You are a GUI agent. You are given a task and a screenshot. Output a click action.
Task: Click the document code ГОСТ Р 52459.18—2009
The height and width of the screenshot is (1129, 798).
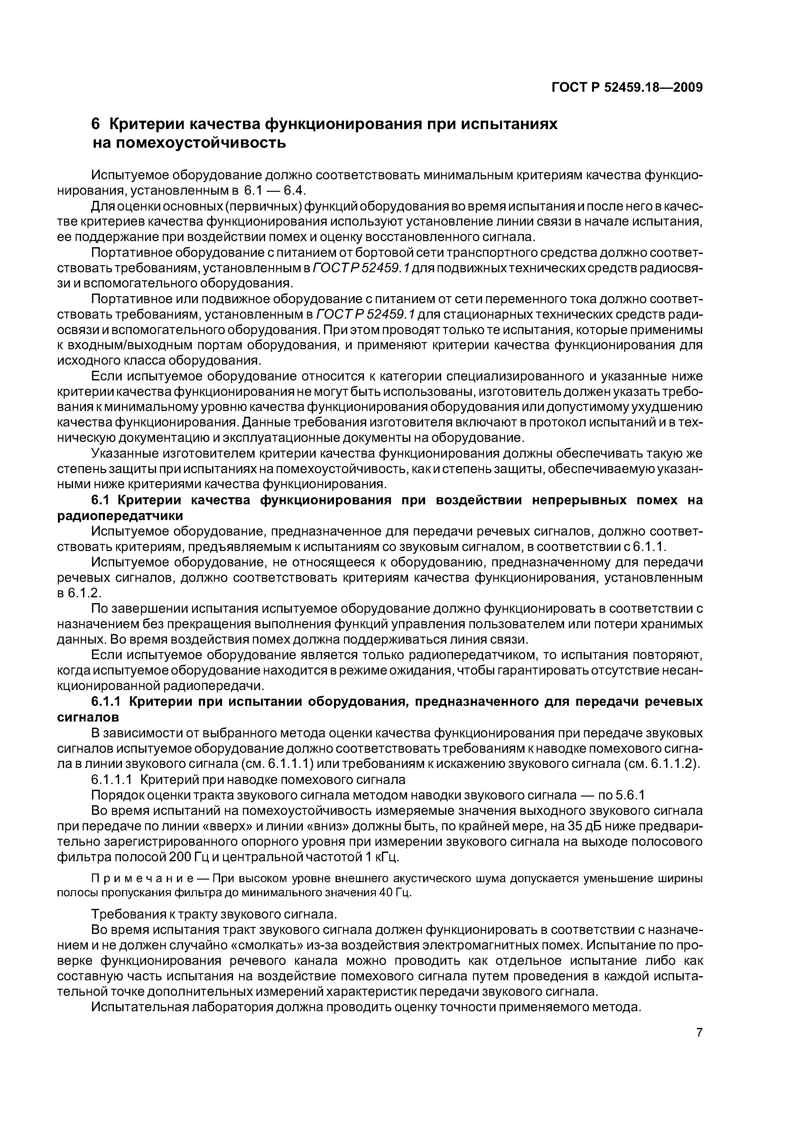[627, 88]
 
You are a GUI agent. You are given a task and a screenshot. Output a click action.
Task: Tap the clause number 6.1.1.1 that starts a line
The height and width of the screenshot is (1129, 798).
[112, 779]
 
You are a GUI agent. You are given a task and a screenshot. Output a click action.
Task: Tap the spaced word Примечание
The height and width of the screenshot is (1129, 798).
[133, 878]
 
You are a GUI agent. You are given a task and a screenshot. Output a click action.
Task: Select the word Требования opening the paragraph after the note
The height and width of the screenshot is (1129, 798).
[129, 914]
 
